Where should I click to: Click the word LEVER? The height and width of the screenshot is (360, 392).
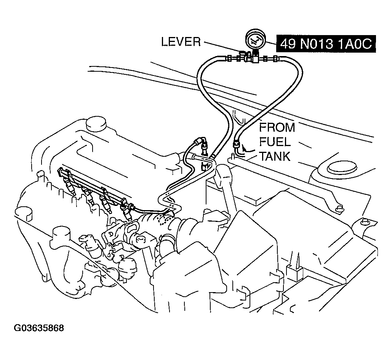click(x=181, y=42)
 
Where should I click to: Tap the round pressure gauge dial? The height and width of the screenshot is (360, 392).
click(x=255, y=40)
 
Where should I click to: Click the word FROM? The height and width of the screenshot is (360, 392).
click(x=277, y=127)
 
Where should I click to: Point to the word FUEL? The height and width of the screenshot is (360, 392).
click(x=275, y=142)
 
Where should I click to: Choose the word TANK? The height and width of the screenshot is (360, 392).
click(x=274, y=156)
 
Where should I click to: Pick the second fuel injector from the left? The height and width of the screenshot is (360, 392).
click(x=89, y=196)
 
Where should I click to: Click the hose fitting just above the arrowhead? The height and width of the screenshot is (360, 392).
click(x=237, y=144)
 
